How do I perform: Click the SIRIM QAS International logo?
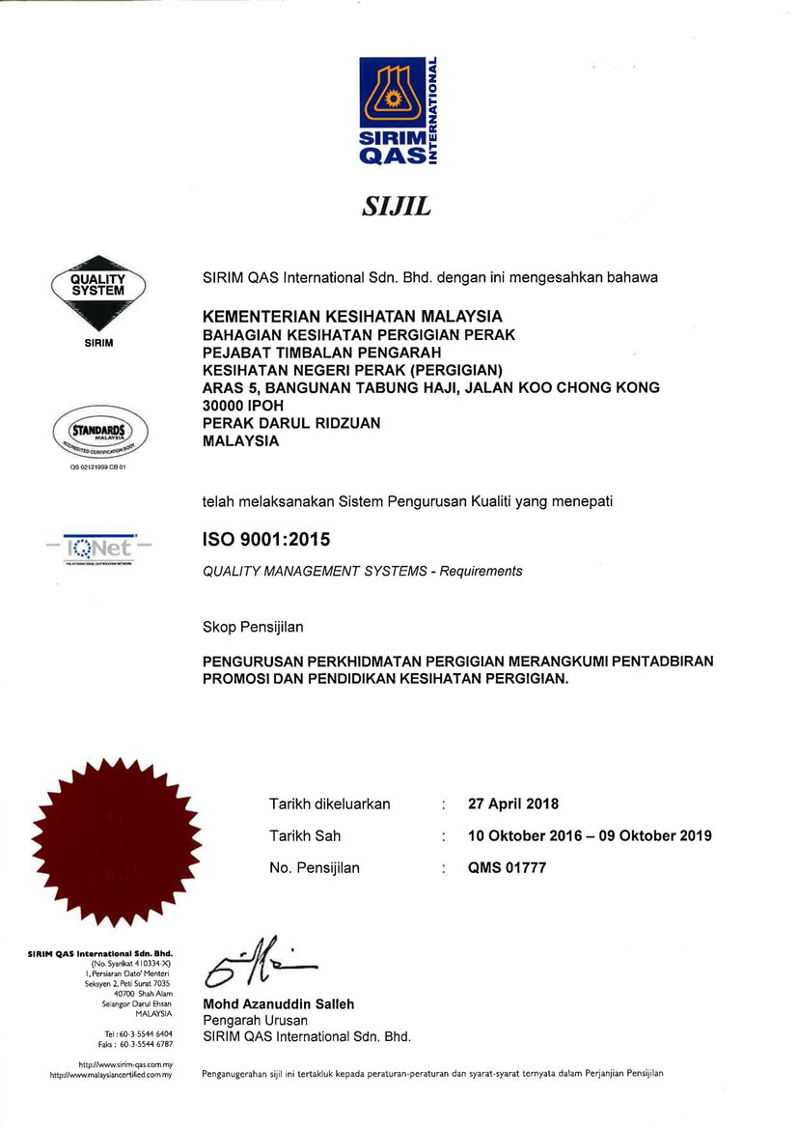pyautogui.click(x=398, y=112)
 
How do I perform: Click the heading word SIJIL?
pyautogui.click(x=398, y=207)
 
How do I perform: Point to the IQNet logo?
pyautogui.click(x=97, y=549)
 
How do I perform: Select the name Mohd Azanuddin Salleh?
pyautogui.click(x=278, y=1004)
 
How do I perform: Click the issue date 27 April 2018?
pyautogui.click(x=512, y=804)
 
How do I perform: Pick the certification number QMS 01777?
pyautogui.click(x=507, y=867)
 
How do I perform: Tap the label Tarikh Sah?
pyautogui.click(x=305, y=835)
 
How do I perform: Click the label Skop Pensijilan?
pyautogui.click(x=253, y=627)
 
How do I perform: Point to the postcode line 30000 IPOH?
pyautogui.click(x=243, y=406)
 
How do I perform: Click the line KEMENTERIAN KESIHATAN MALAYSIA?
pyautogui.click(x=352, y=317)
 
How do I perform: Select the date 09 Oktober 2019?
pyautogui.click(x=655, y=835)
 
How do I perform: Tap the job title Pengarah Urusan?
pyautogui.click(x=255, y=1021)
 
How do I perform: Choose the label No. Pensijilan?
pyautogui.click(x=315, y=867)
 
